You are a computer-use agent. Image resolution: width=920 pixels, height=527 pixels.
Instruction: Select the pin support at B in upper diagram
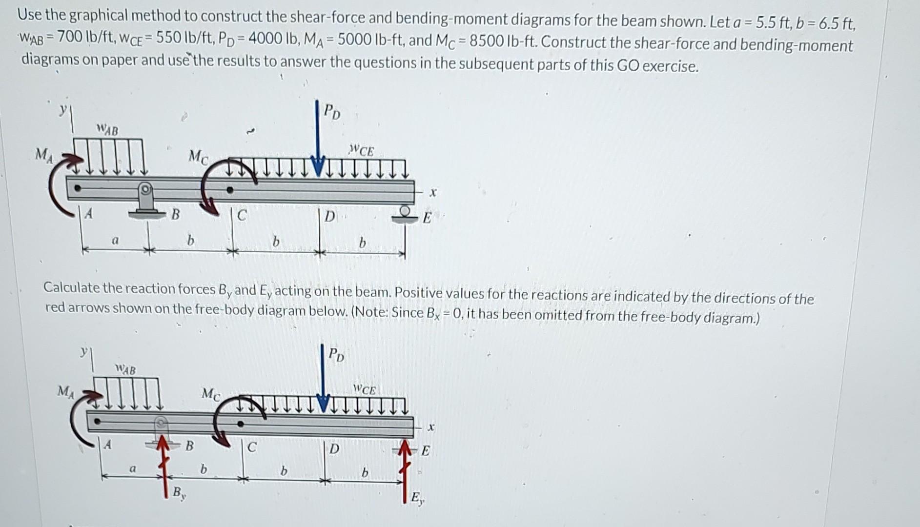[x=145, y=200]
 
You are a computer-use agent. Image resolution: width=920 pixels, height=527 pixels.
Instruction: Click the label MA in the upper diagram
[x=42, y=155]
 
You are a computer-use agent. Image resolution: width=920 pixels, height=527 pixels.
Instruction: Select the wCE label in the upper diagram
[x=362, y=151]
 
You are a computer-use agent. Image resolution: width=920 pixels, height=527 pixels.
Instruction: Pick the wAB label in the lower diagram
[x=125, y=369]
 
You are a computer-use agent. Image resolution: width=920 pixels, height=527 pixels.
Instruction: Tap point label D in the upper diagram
[x=330, y=216]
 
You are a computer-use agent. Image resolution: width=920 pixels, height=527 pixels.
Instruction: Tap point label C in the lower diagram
[x=251, y=447]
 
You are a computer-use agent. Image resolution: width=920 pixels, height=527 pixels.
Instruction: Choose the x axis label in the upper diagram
[x=432, y=193]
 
